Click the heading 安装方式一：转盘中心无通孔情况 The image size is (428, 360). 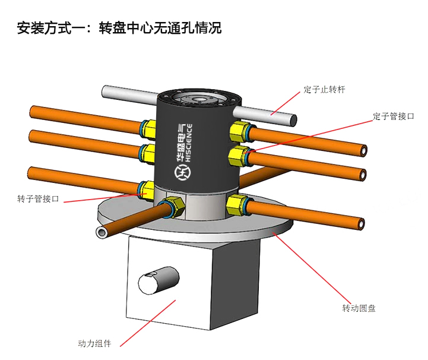pyautogui.click(x=119, y=27)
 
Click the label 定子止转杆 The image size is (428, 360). pyautogui.click(x=324, y=90)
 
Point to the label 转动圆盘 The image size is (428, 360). pyautogui.click(x=359, y=308)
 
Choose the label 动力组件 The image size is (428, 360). pyautogui.click(x=95, y=343)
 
